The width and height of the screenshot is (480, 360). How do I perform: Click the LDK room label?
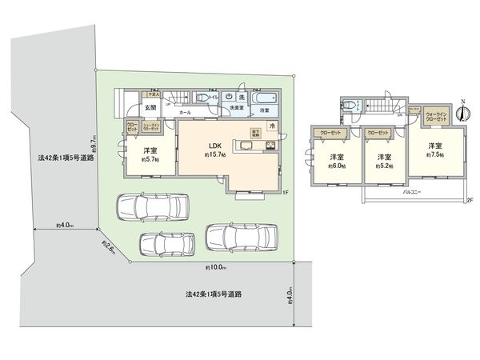214,145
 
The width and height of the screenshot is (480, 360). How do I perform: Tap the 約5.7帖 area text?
150,160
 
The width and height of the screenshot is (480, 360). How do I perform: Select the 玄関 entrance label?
150,108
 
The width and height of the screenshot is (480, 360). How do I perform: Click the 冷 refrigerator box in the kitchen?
272,126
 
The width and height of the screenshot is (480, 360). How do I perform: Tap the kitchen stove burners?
271,146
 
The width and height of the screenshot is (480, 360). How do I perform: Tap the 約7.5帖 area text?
434,157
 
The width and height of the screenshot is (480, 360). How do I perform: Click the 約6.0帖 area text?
336,167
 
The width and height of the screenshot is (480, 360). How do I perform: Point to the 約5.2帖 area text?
384,167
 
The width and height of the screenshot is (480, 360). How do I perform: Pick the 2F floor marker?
470,199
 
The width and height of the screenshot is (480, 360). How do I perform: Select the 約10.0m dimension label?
215,267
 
